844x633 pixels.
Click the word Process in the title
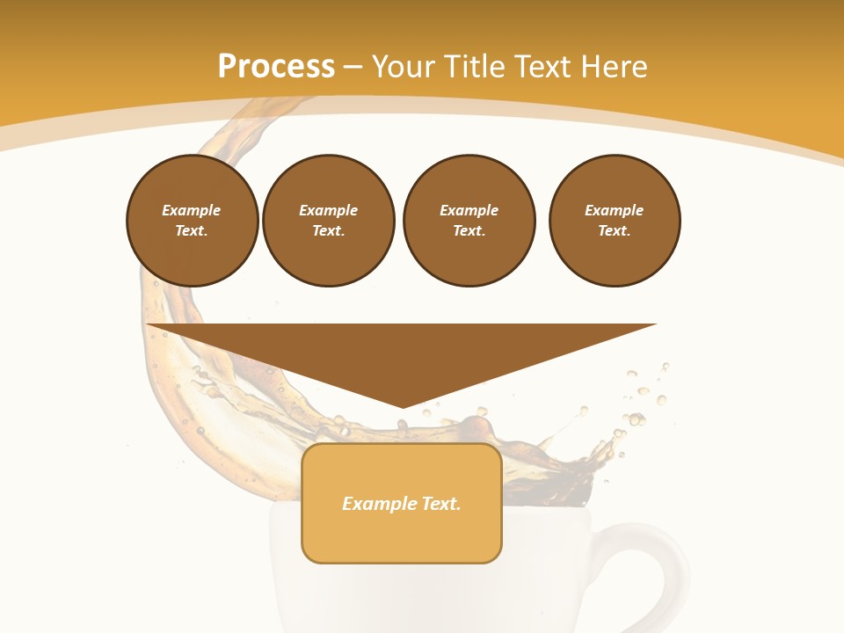(x=276, y=67)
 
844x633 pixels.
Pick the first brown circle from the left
(x=192, y=220)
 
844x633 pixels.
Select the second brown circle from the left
(x=329, y=220)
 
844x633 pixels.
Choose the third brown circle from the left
(x=469, y=220)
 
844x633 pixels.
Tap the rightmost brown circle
(x=615, y=220)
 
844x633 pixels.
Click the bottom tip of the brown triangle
(x=403, y=405)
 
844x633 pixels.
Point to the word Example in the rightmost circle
(x=614, y=210)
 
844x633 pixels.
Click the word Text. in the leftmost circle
(x=192, y=231)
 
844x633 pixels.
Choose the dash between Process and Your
(x=353, y=67)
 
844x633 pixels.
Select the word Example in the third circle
(x=469, y=210)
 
